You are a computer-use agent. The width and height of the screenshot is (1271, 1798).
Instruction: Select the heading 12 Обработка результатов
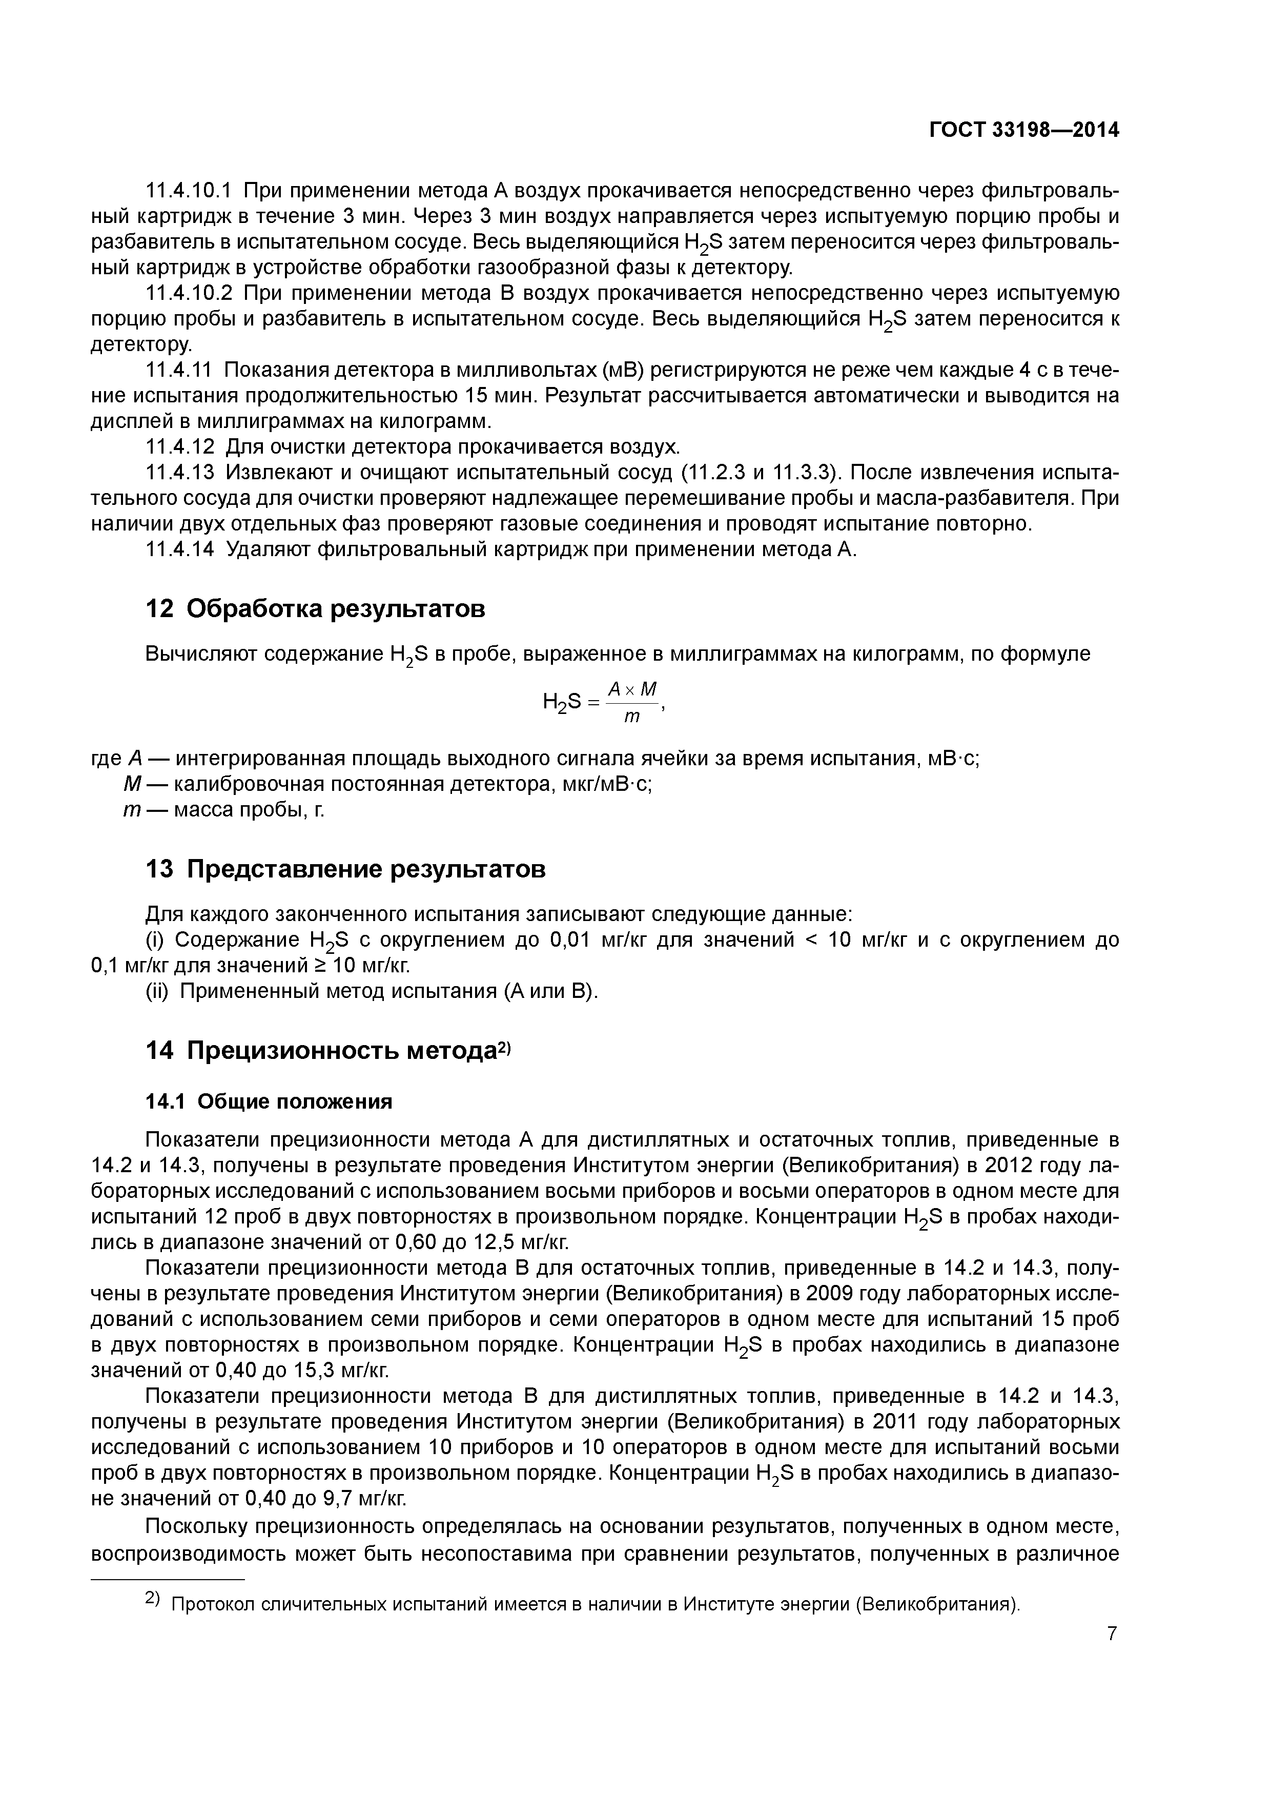click(x=316, y=608)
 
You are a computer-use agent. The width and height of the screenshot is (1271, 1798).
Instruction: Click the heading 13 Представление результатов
click(x=345, y=868)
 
